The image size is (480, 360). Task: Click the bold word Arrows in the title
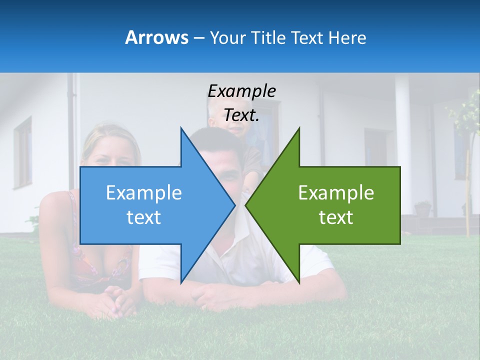click(x=157, y=37)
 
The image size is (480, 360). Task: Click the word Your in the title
click(x=228, y=37)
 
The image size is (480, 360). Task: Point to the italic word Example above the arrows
click(x=241, y=91)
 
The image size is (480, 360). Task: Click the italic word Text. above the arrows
click(x=241, y=115)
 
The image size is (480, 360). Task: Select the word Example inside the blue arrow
click(x=144, y=193)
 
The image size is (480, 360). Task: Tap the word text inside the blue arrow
click(x=144, y=217)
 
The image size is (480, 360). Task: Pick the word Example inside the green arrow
click(x=336, y=193)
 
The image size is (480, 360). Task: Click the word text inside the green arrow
click(x=336, y=217)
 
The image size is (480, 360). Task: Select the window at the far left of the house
click(x=22, y=152)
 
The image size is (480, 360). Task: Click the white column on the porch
click(x=402, y=145)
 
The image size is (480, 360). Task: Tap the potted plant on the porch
click(x=423, y=208)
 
